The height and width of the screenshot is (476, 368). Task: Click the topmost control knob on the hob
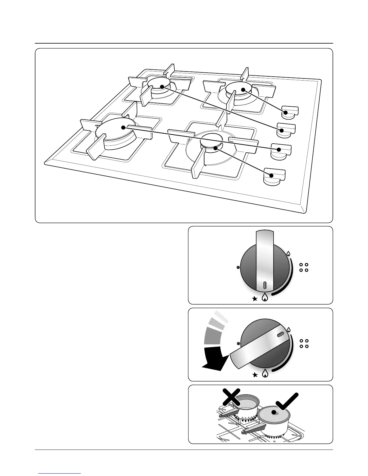coord(289,111)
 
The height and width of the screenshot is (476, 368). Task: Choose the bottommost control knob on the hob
coord(274,176)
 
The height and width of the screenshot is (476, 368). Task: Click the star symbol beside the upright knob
coord(255,299)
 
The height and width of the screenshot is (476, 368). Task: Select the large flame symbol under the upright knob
coord(265,297)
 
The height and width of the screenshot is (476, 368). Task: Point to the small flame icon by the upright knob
coord(288,254)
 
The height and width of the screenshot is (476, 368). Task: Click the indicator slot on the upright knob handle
coord(265,285)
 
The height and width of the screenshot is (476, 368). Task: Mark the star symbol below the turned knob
coord(255,375)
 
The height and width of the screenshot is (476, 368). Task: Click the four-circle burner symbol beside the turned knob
coord(304,343)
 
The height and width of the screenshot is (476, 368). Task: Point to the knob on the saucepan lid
coord(274,412)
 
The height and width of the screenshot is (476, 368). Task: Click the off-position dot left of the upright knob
coord(238,267)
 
